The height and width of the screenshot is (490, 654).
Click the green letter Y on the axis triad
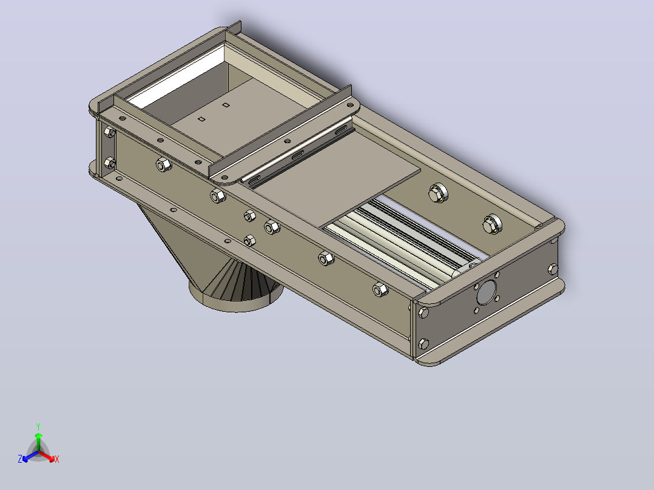(x=38, y=426)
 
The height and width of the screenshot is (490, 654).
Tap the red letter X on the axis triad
(x=57, y=459)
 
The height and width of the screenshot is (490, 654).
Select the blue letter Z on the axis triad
(x=20, y=458)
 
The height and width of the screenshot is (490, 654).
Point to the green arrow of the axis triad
(x=38, y=441)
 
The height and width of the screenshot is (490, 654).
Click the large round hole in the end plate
(x=487, y=292)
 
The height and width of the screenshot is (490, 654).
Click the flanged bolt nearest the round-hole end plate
(x=492, y=224)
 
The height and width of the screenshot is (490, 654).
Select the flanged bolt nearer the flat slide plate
(x=438, y=193)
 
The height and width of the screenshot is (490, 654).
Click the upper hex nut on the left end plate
(x=109, y=133)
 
